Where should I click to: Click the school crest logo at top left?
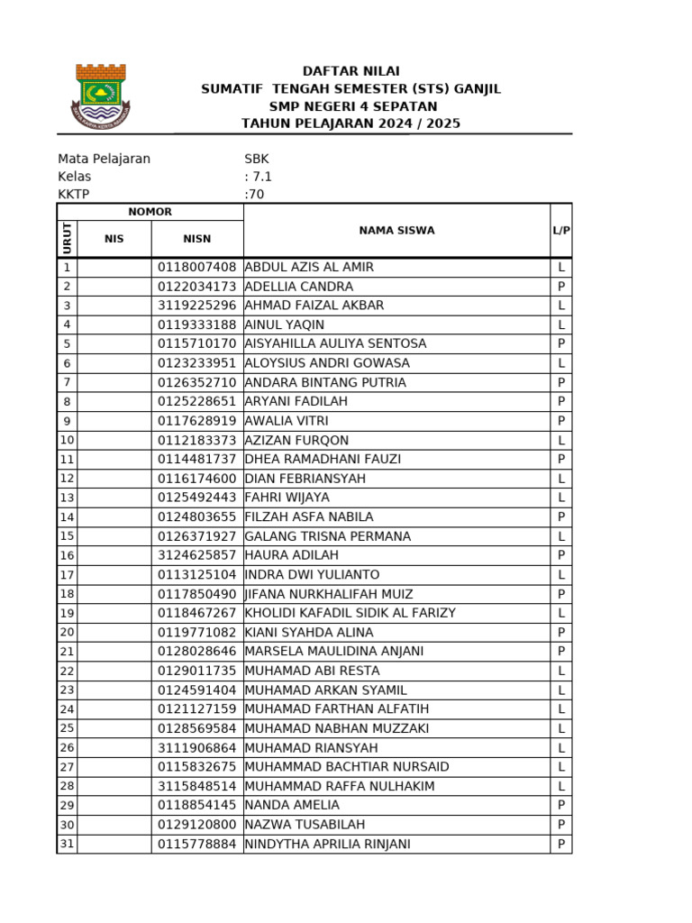(x=100, y=98)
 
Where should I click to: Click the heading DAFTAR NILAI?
(x=351, y=71)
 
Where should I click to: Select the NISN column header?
(x=196, y=239)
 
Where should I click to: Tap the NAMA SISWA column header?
(x=396, y=231)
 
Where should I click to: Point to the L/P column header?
(x=561, y=231)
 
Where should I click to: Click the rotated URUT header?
(x=67, y=239)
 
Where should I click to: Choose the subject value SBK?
(x=257, y=159)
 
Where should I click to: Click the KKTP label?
(x=74, y=194)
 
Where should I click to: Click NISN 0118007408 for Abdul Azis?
(x=196, y=268)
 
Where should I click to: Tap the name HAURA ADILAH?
(x=291, y=555)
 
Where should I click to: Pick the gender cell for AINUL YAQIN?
(x=561, y=324)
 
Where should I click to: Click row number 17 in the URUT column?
(x=67, y=575)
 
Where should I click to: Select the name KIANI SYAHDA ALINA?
(x=308, y=633)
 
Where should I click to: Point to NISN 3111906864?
(x=196, y=748)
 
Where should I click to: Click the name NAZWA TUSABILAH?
(x=302, y=825)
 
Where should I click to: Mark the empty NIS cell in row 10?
(x=114, y=441)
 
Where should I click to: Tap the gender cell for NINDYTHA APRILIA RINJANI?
(x=561, y=845)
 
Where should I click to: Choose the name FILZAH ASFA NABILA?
(x=308, y=517)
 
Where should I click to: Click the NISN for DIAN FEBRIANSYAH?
(x=196, y=479)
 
